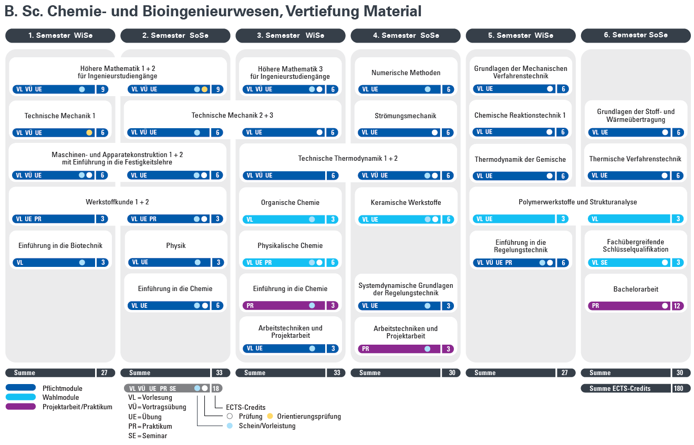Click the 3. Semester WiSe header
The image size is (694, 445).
pos(291,35)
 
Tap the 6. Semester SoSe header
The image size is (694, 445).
pos(636,35)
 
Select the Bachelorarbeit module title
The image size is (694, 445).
pos(636,289)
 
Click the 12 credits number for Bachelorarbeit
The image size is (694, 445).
pos(677,306)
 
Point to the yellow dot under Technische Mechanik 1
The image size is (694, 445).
pos(89,132)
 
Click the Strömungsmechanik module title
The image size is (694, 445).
pos(405,116)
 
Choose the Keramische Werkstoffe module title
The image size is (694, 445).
pos(406,202)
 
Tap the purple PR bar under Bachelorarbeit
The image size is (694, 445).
pos(629,306)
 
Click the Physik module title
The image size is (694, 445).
pos(175,246)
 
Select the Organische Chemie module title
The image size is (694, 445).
pos(290,203)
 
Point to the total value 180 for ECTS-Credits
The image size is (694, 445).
pos(678,388)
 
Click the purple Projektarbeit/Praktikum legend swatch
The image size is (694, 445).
pos(21,406)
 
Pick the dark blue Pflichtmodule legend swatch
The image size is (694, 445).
pos(21,387)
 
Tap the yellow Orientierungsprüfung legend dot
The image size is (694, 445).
pos(270,416)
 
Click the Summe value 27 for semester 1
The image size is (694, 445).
pos(104,373)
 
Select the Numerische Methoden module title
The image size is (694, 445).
pos(406,73)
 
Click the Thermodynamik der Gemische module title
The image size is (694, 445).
pos(520,159)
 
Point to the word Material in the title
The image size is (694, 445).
pos(392,11)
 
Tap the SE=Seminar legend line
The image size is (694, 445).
pos(148,436)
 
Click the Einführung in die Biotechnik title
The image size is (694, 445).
pos(60,246)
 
